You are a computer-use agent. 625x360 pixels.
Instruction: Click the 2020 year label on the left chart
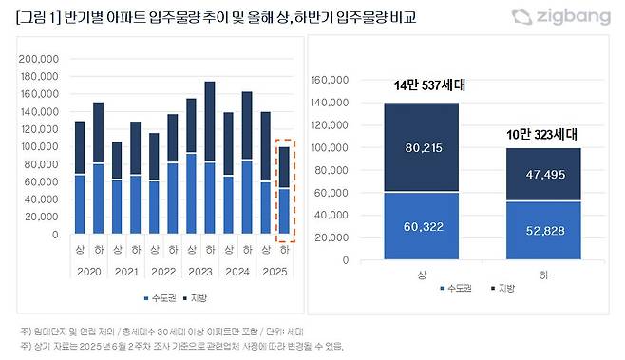click(88, 271)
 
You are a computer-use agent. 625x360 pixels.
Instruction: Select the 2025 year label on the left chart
click(275, 271)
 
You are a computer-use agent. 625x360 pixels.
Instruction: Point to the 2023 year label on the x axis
click(200, 271)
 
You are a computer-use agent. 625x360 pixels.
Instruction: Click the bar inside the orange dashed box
click(284, 190)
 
